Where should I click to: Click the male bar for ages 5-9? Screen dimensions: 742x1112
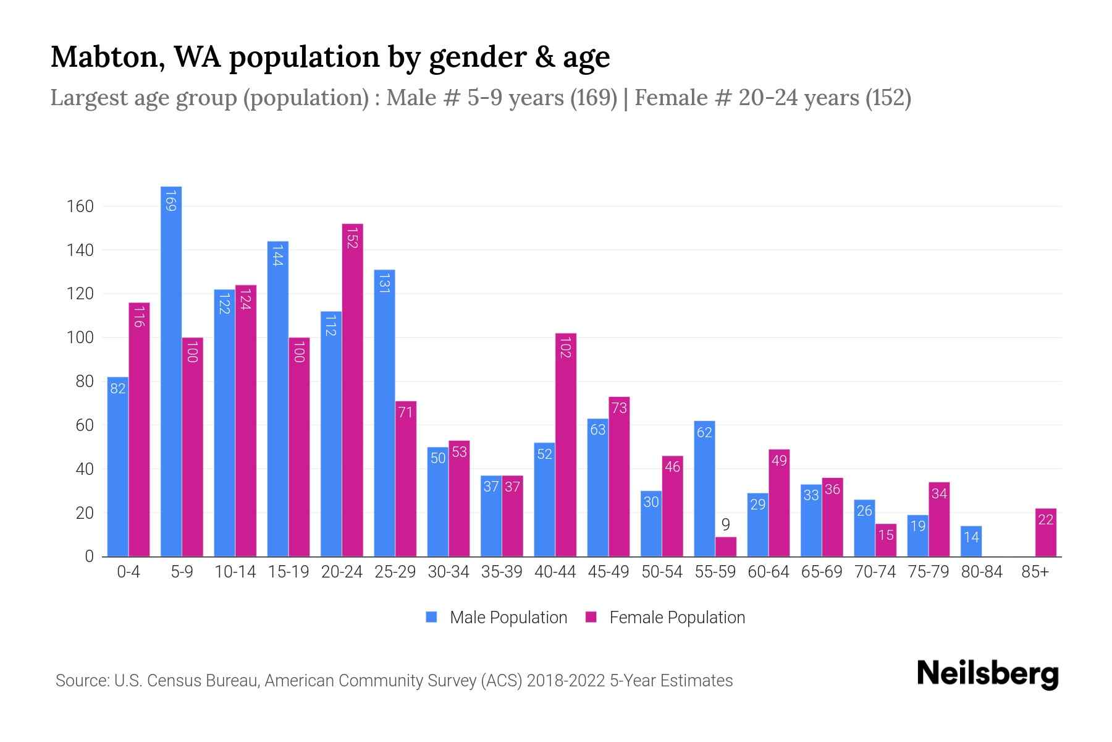171,371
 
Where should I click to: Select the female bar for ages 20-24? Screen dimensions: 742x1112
352,390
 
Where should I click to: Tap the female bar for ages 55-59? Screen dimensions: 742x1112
726,547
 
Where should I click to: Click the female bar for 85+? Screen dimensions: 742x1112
1046,532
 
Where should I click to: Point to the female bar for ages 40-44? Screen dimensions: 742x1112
566,445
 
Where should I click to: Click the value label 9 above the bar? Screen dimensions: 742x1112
726,525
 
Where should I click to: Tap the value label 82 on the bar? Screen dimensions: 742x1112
117,388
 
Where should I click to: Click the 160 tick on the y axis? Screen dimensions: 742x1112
80,207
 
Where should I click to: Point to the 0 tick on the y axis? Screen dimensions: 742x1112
89,556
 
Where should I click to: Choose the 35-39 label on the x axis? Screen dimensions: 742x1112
502,572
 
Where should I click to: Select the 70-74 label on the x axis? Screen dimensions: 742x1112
875,572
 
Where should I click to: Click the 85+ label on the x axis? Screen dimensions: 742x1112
1035,572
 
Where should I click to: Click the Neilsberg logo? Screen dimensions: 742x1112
987,674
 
